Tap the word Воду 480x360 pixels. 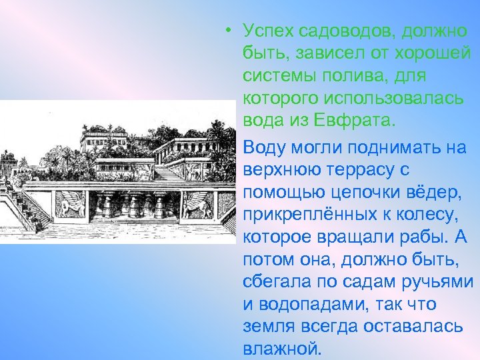266,147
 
